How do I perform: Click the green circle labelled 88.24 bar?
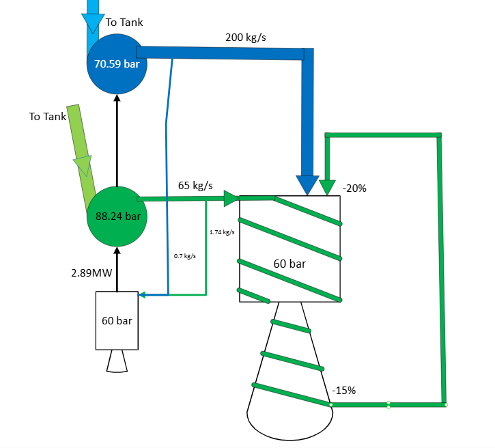117,217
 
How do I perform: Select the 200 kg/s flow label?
246,37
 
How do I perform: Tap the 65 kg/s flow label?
195,185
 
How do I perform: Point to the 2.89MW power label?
90,273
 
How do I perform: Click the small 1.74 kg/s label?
223,232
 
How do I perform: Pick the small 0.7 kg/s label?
185,256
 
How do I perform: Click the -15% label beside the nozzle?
343,391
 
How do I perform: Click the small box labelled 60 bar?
117,321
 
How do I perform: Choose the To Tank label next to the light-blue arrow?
124,23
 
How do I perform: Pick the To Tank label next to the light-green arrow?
48,117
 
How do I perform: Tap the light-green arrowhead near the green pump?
83,167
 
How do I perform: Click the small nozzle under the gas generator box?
117,363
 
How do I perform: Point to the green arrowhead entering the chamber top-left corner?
231,199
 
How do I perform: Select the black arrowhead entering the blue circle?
117,97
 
